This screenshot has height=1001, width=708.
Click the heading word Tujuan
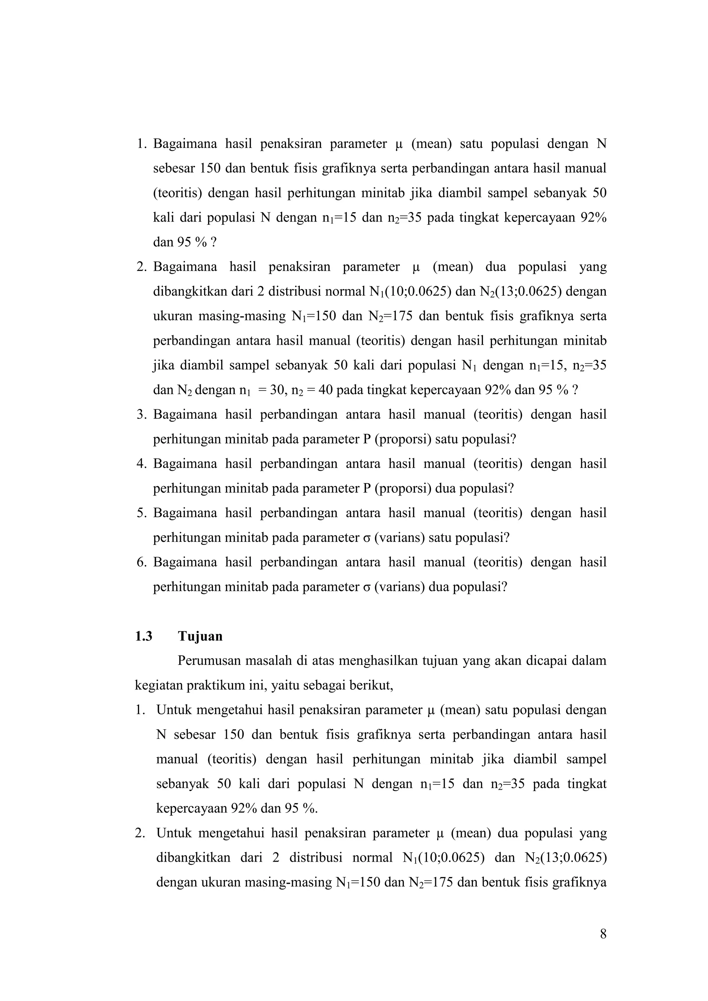point(200,636)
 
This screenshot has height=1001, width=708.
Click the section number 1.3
point(144,636)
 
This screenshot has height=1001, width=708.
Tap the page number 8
point(603,934)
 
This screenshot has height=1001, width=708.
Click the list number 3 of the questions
point(140,414)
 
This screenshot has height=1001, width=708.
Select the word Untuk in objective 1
point(173,710)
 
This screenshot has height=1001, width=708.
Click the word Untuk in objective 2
point(173,833)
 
